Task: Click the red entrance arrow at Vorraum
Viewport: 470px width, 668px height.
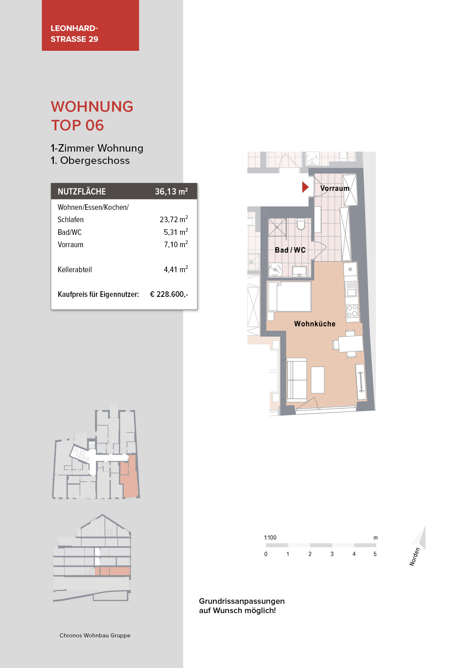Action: tap(305, 187)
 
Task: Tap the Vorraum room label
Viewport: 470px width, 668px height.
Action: tap(334, 188)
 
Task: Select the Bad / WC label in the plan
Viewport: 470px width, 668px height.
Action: tap(290, 250)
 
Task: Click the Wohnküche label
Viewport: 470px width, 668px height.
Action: tap(315, 324)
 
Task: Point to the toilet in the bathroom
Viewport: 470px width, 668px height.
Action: tap(301, 224)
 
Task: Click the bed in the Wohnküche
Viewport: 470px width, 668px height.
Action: tap(290, 296)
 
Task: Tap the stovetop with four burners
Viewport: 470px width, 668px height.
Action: tap(352, 311)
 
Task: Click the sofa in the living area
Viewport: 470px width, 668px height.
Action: tap(297, 380)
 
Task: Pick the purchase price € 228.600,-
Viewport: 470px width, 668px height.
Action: tap(169, 294)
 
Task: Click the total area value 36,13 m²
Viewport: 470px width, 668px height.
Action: tap(171, 192)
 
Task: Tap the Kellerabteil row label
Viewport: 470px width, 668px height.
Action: tap(75, 270)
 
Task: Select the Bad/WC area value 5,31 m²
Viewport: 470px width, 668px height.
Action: tap(176, 232)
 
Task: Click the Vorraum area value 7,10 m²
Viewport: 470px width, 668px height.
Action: tap(176, 245)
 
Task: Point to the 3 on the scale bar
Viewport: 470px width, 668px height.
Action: tap(332, 554)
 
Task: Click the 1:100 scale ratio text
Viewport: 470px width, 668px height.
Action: tap(270, 538)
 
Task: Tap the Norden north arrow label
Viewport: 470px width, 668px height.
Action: tap(414, 557)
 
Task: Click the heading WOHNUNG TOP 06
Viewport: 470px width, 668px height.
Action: tap(92, 116)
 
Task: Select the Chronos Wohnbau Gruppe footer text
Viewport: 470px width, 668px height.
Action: tap(95, 636)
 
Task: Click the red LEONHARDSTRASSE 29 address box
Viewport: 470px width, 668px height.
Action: tap(90, 25)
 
